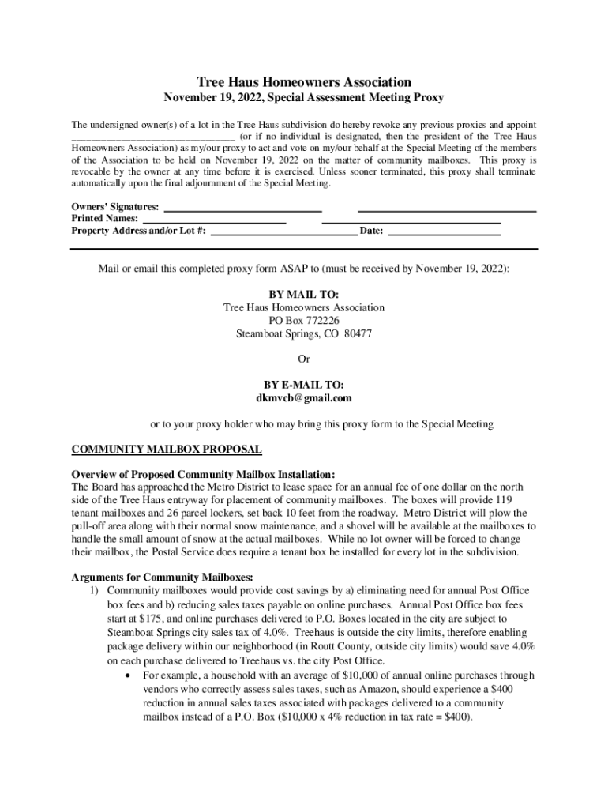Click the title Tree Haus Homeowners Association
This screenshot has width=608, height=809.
tap(303, 82)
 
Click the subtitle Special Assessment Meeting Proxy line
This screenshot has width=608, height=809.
tap(303, 98)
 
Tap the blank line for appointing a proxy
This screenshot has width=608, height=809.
tap(144, 137)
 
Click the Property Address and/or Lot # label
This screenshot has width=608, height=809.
tap(139, 231)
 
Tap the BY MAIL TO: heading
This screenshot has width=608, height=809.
tap(304, 294)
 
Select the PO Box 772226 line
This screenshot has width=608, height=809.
tap(304, 321)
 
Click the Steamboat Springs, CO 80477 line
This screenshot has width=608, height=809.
tap(304, 334)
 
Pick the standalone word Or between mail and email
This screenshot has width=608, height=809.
tap(304, 359)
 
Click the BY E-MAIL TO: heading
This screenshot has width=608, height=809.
tap(304, 385)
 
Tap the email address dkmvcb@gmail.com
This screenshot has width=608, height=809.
tap(304, 398)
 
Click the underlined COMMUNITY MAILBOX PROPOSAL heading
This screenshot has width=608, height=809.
tap(167, 450)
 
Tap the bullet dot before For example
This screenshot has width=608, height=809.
tap(128, 676)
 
